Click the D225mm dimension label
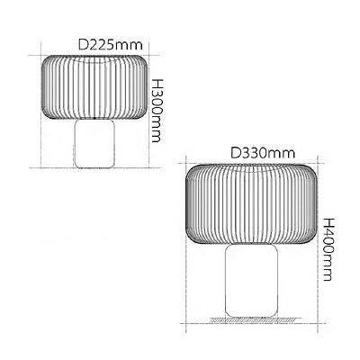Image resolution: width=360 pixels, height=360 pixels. [x=110, y=45]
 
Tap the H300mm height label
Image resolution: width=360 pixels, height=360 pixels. [x=156, y=111]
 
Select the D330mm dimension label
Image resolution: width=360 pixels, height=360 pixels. [x=263, y=154]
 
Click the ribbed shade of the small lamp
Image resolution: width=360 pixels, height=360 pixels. [x=94, y=87]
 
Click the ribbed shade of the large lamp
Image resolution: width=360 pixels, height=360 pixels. [x=252, y=203]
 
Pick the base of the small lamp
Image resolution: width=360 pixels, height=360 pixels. [x=94, y=143]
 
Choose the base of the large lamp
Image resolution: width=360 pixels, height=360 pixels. [x=252, y=281]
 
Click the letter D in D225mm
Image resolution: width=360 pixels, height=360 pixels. [x=83, y=45]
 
